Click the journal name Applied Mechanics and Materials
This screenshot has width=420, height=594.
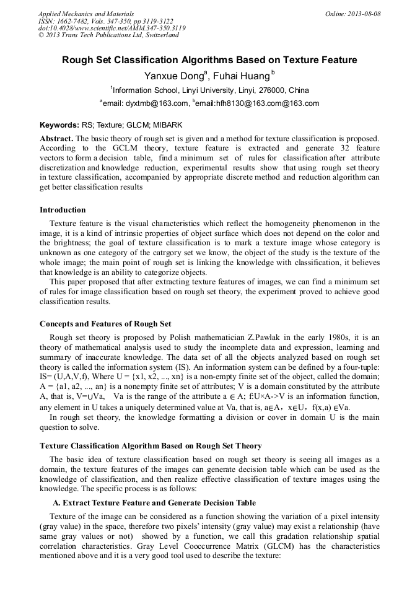(x=85, y=13)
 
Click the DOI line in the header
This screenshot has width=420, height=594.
(x=112, y=28)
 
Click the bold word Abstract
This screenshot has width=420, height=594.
(x=56, y=138)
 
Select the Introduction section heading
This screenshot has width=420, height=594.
(x=63, y=210)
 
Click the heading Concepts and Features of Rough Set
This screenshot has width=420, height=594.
(x=105, y=323)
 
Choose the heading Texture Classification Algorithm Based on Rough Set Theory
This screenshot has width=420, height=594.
(x=151, y=445)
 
